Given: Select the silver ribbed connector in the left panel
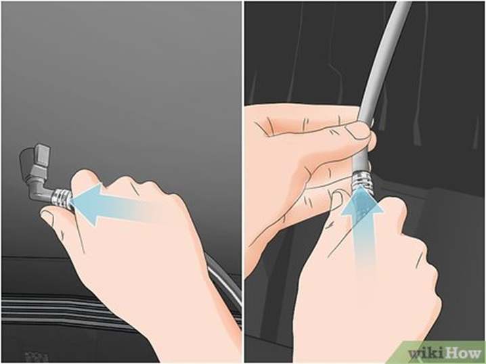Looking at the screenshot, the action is [62, 198].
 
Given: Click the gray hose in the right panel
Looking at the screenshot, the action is [380, 77].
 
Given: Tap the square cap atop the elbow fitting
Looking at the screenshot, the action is [41, 154].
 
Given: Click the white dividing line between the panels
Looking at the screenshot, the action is [243, 182].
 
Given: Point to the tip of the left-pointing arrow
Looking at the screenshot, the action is [71, 202].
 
